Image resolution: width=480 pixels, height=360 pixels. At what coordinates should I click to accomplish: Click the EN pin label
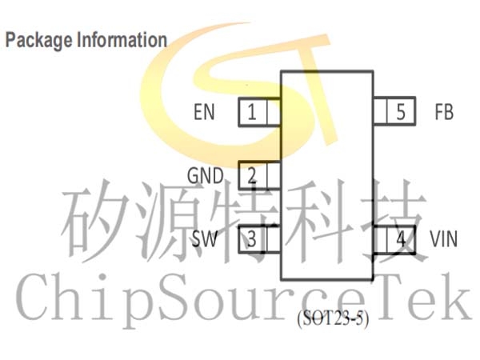204,112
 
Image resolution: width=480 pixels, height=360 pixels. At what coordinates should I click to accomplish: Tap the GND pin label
206,175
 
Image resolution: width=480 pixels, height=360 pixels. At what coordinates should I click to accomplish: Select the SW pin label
205,238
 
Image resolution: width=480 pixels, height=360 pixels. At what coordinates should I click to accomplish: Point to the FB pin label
444,112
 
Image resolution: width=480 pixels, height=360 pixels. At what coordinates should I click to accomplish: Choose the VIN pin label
444,238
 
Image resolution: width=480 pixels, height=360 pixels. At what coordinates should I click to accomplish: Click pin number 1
252,112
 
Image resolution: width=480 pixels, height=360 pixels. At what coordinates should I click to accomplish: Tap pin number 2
252,175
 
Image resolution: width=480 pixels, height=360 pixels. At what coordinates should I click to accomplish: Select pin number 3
252,239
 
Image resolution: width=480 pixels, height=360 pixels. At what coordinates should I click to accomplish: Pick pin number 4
402,239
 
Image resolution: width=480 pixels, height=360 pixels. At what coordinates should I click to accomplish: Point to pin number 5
401,112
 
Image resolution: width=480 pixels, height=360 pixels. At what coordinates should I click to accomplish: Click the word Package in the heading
38,41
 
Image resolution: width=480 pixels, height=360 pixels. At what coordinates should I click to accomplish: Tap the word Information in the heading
122,40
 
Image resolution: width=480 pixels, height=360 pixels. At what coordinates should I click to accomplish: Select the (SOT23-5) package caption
333,319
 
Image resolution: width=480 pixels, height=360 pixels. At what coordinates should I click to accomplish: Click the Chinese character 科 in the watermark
321,221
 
